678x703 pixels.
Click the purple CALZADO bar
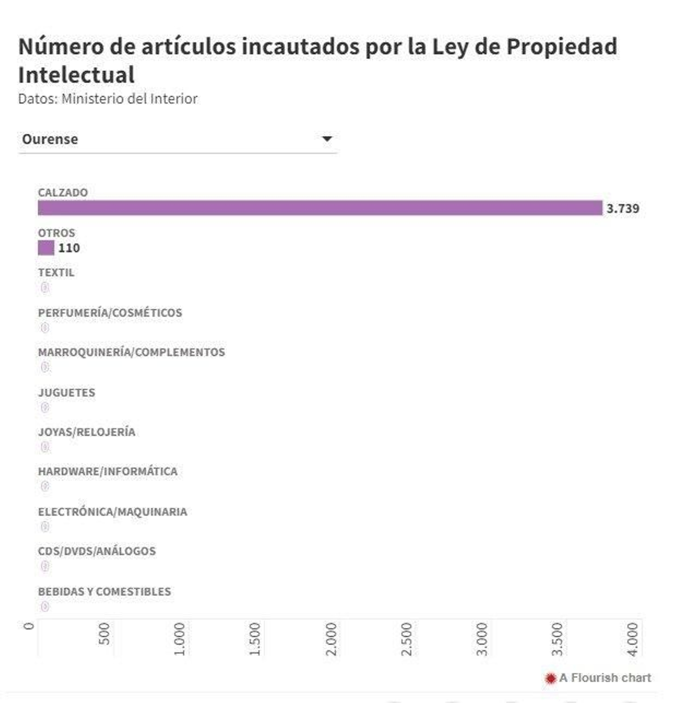(x=320, y=208)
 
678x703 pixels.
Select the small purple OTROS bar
(x=46, y=248)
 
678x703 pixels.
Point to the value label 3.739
(x=622, y=208)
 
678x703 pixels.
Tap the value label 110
(x=69, y=248)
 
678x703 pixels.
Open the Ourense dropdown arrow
(x=327, y=139)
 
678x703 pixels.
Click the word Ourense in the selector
(x=50, y=139)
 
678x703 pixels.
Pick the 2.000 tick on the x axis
(x=331, y=639)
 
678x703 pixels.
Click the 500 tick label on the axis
(x=104, y=634)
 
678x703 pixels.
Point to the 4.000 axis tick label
(x=632, y=639)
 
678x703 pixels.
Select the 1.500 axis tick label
(x=255, y=639)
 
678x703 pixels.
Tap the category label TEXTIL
(x=56, y=272)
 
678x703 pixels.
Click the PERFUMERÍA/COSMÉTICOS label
(x=110, y=313)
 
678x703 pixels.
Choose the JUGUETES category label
(x=67, y=392)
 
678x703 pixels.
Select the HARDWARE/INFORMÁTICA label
(x=108, y=471)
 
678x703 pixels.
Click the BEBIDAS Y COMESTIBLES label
(x=104, y=591)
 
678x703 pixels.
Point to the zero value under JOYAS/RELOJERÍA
(x=45, y=447)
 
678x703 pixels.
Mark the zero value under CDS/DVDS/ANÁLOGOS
(x=45, y=566)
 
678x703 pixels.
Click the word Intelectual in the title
(x=76, y=75)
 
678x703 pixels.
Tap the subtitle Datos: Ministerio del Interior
(x=108, y=99)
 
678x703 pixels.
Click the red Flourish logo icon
(x=550, y=678)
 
